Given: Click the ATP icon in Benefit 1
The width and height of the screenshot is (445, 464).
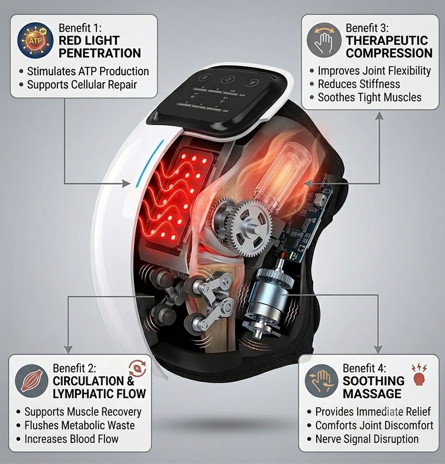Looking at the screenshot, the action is [x=36, y=40].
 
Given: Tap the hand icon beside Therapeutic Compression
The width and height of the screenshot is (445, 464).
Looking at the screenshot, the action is [x=324, y=41].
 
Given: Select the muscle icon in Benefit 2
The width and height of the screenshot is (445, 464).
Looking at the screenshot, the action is [x=31, y=381].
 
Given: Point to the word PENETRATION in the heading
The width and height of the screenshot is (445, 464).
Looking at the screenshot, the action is [x=100, y=53].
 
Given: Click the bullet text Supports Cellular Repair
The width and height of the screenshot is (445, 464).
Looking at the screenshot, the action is [x=82, y=85].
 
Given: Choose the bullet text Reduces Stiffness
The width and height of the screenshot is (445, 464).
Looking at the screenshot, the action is [x=359, y=84].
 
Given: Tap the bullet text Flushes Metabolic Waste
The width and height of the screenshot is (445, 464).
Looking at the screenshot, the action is [x=80, y=425].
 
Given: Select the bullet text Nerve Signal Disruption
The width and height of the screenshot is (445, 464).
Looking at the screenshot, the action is [x=367, y=439].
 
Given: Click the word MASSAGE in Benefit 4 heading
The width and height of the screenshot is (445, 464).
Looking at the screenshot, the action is [x=372, y=394].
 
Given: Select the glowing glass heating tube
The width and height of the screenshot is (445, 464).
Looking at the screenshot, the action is [x=283, y=175].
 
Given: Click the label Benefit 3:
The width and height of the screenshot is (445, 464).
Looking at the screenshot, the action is [x=367, y=28].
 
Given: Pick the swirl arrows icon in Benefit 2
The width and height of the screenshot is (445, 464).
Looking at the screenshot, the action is [x=137, y=368].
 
